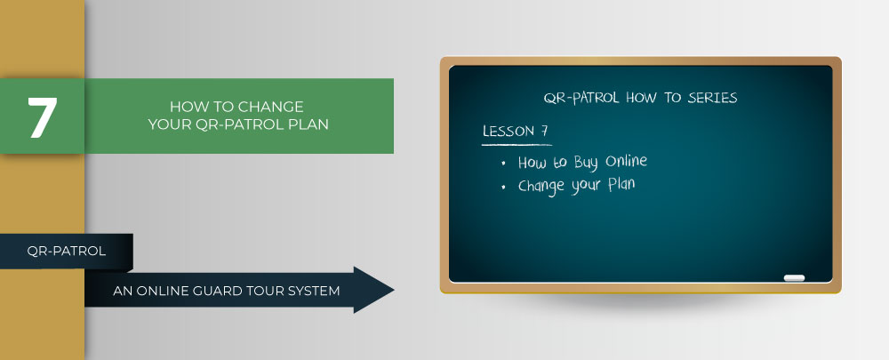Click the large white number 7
coord(43,117)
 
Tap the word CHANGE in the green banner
coord(271,107)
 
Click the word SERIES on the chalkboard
coord(712,98)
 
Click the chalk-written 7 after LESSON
coord(544,131)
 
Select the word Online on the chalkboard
coord(626,161)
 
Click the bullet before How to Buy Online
coord(503,164)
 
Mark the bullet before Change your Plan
coord(503,188)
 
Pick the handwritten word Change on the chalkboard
coord(541,187)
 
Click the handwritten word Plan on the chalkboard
coord(621,184)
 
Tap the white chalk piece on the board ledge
coord(794,278)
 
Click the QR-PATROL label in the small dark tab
coord(67,251)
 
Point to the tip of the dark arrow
coord(394,290)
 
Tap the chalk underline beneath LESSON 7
coord(517,145)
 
